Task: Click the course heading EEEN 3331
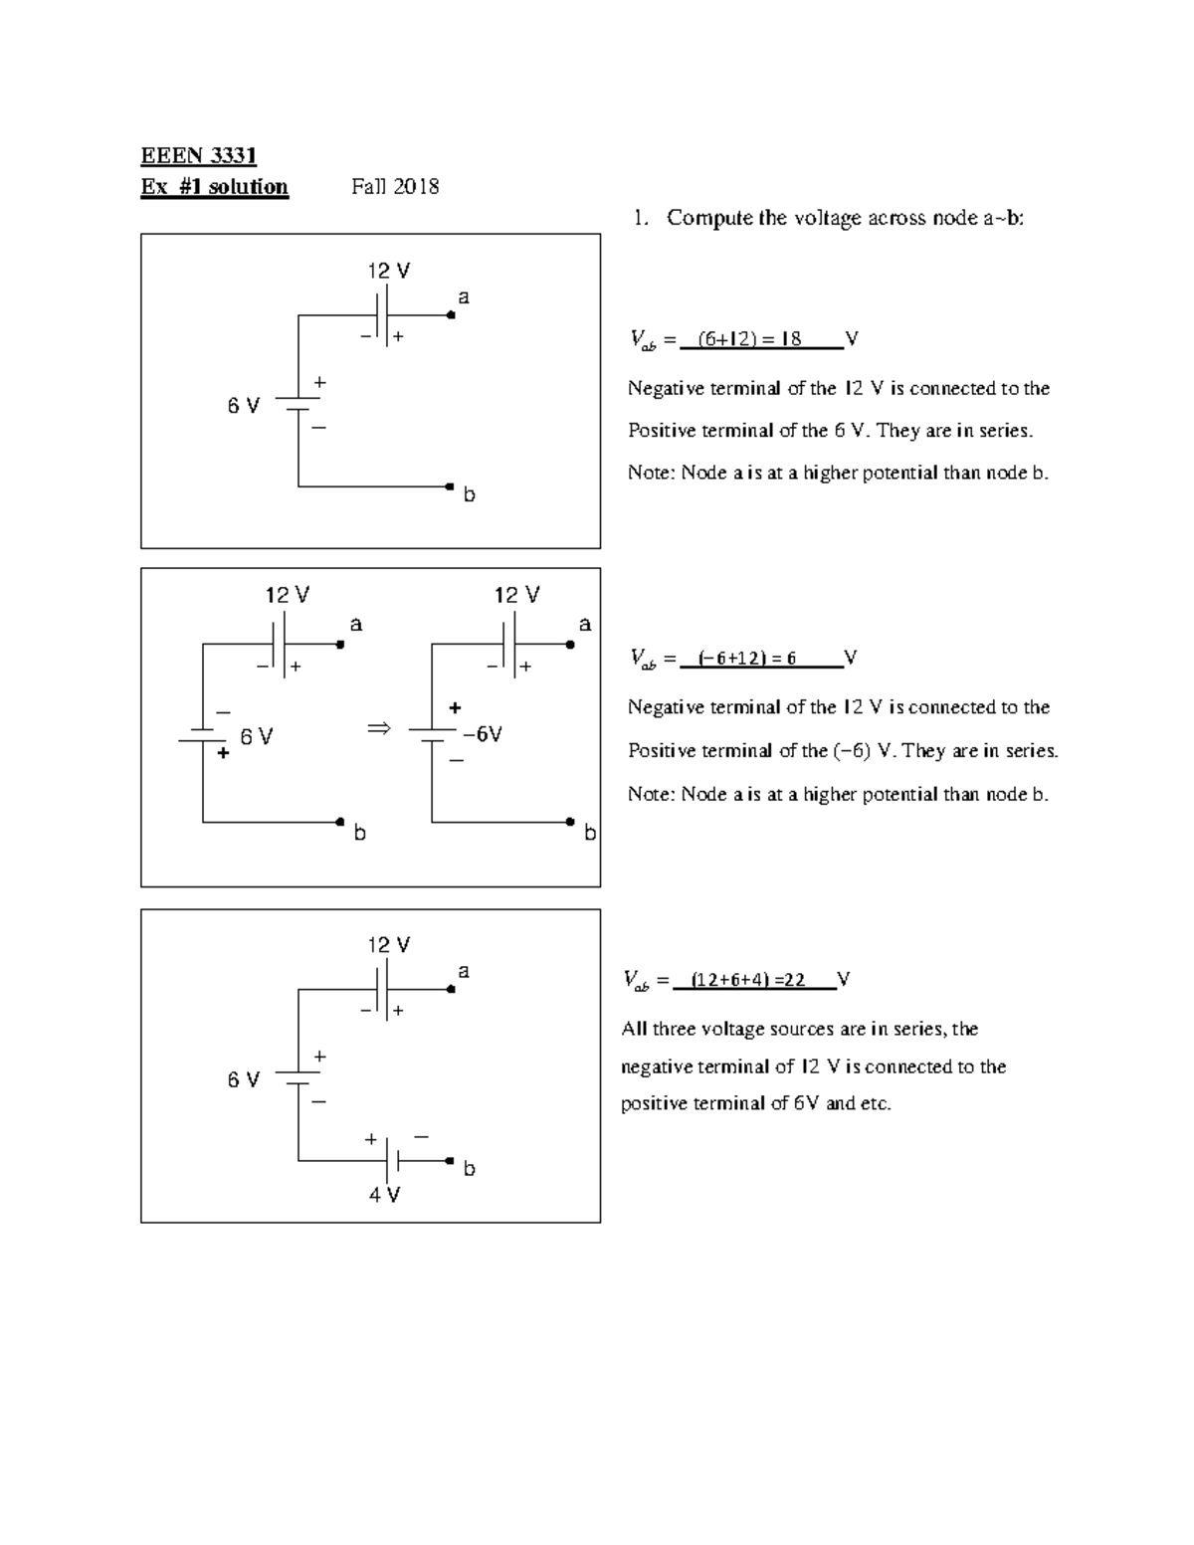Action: tap(199, 156)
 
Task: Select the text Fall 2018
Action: tap(395, 187)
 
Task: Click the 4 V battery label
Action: tap(384, 1195)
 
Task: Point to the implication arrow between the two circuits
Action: tap(379, 729)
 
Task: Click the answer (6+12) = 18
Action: tap(749, 339)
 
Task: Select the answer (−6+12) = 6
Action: tap(747, 659)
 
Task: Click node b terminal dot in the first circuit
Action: tap(451, 486)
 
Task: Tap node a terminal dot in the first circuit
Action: tap(451, 315)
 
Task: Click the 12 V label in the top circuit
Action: tap(388, 271)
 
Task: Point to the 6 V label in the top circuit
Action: tap(243, 406)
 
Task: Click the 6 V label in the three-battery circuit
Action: tap(243, 1079)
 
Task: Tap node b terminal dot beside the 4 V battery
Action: tap(450, 1161)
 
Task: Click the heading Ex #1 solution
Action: tap(215, 187)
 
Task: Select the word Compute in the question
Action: tap(709, 218)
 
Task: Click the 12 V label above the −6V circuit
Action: tap(517, 595)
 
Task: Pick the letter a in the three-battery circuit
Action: tap(463, 971)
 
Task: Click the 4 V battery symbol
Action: tap(392, 1161)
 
